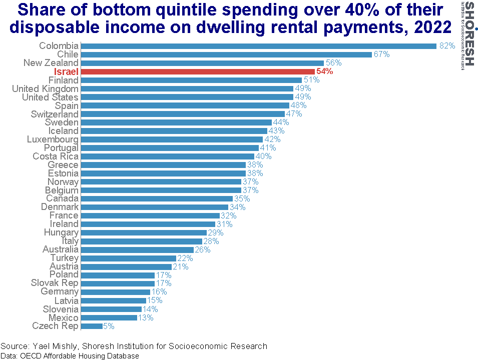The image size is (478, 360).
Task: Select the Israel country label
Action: coord(66,72)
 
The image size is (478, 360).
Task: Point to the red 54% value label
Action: coord(325,71)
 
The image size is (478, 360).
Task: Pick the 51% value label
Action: coord(311,80)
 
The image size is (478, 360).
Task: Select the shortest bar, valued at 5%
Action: coord(92,326)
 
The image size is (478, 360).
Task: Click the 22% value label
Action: coord(186,258)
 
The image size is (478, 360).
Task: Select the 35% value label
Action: coord(242,198)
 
